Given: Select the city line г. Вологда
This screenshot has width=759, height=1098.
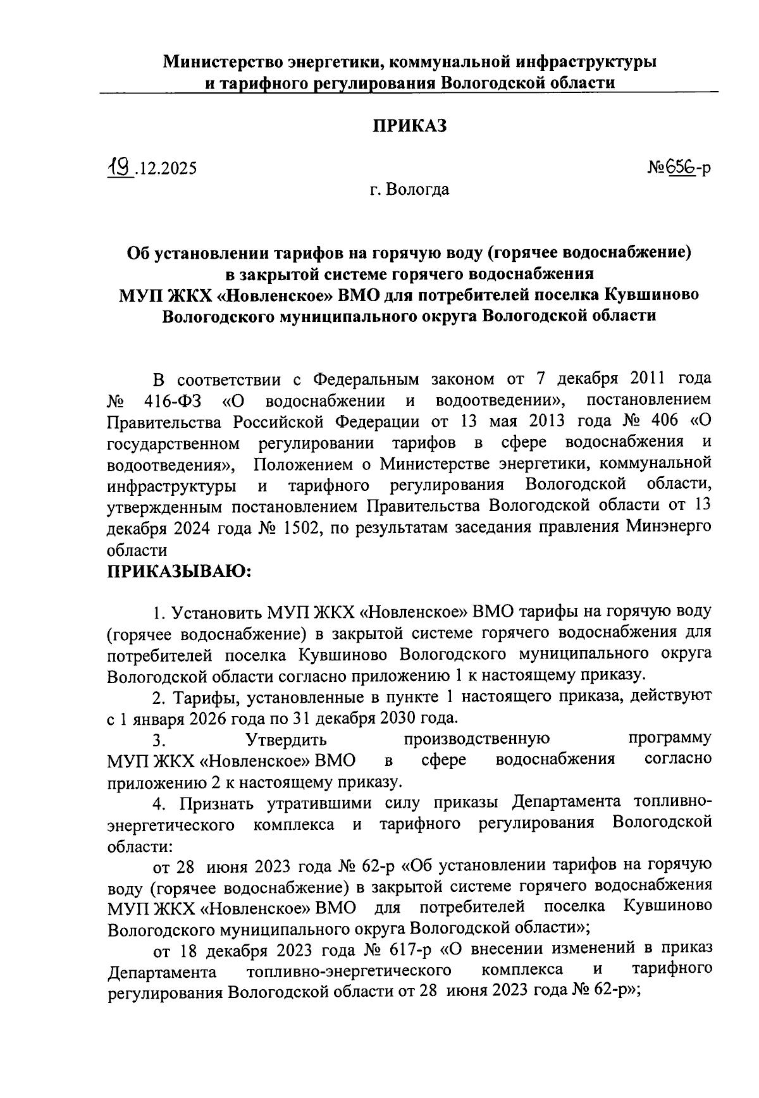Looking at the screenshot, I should click(410, 189).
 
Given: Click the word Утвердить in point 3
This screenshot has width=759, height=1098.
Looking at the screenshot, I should click(286, 739).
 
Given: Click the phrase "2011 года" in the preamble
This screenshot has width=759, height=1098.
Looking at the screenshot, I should click(671, 379).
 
